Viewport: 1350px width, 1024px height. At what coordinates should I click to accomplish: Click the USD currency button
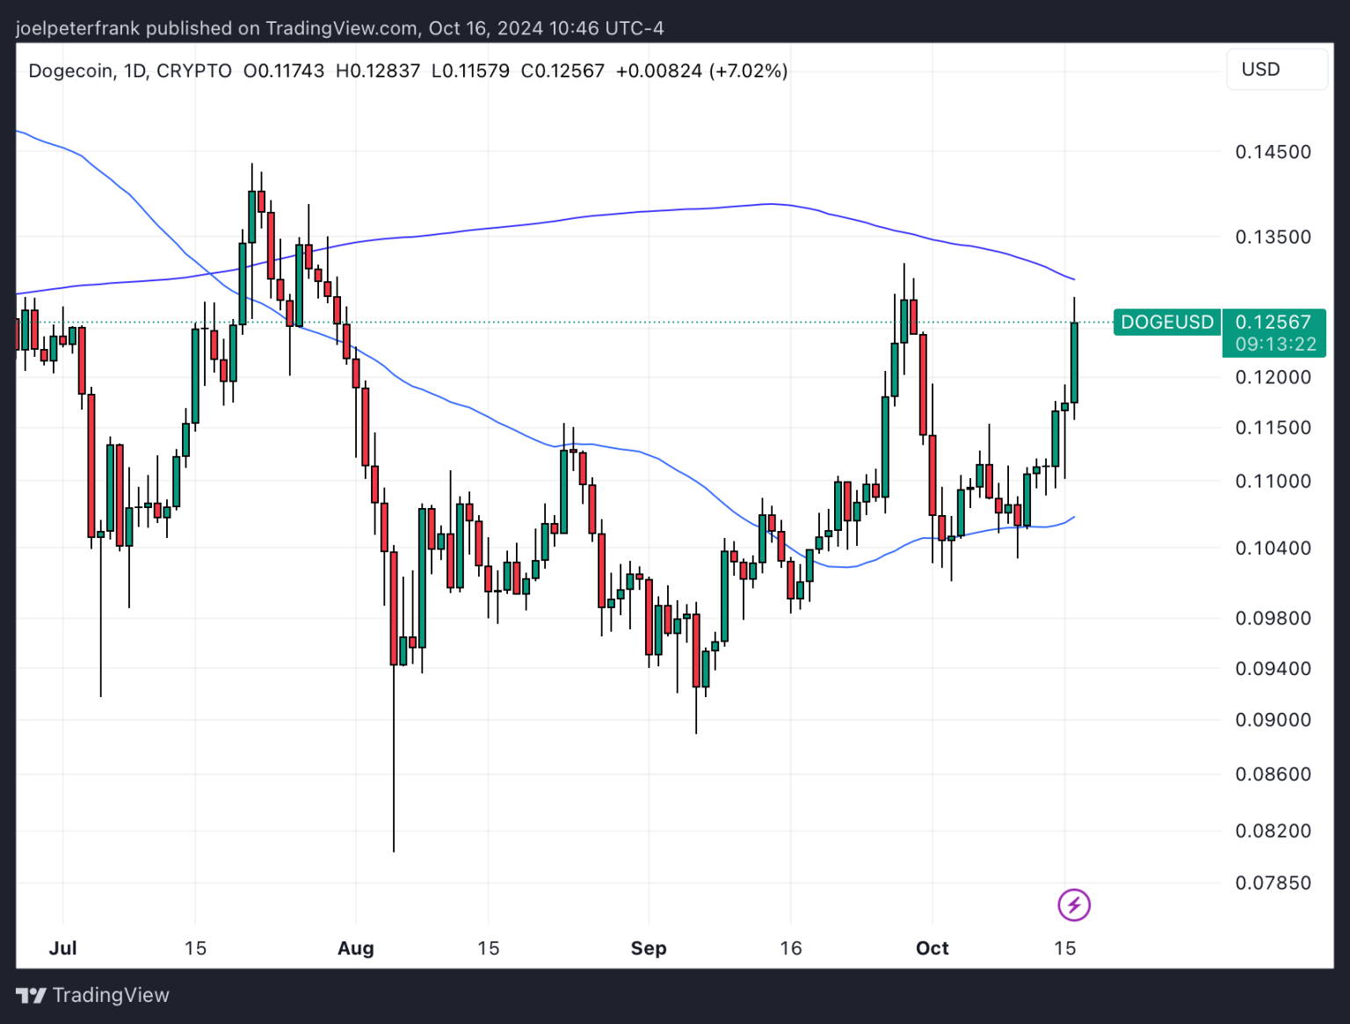1260,69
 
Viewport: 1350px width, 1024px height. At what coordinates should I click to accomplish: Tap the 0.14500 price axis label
1273,152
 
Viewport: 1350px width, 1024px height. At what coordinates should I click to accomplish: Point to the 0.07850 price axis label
1273,882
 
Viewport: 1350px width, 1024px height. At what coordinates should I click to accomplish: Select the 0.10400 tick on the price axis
1273,548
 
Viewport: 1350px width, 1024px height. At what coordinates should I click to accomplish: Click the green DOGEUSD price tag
1166,323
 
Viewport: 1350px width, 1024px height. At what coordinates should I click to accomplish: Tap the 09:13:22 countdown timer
1275,345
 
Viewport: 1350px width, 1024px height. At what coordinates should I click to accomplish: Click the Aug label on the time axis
356,948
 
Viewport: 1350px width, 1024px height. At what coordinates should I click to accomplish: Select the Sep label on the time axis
649,948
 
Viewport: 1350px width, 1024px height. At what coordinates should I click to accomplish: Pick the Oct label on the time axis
932,948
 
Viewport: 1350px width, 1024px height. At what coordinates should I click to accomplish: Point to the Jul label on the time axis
63,948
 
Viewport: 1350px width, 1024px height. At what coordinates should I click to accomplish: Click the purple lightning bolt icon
1074,904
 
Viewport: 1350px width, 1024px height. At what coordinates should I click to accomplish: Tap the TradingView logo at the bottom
93,995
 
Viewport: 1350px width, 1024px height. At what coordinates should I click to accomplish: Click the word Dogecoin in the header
70,70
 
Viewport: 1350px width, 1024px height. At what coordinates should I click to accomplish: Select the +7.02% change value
748,70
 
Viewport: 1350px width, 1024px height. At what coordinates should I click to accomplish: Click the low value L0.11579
470,70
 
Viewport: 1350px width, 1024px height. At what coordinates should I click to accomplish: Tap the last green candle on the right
1074,362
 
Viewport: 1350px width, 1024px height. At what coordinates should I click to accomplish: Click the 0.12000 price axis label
1273,377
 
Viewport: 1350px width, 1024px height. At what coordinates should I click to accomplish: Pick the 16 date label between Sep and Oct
791,948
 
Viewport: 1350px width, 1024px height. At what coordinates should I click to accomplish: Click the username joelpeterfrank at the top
77,28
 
